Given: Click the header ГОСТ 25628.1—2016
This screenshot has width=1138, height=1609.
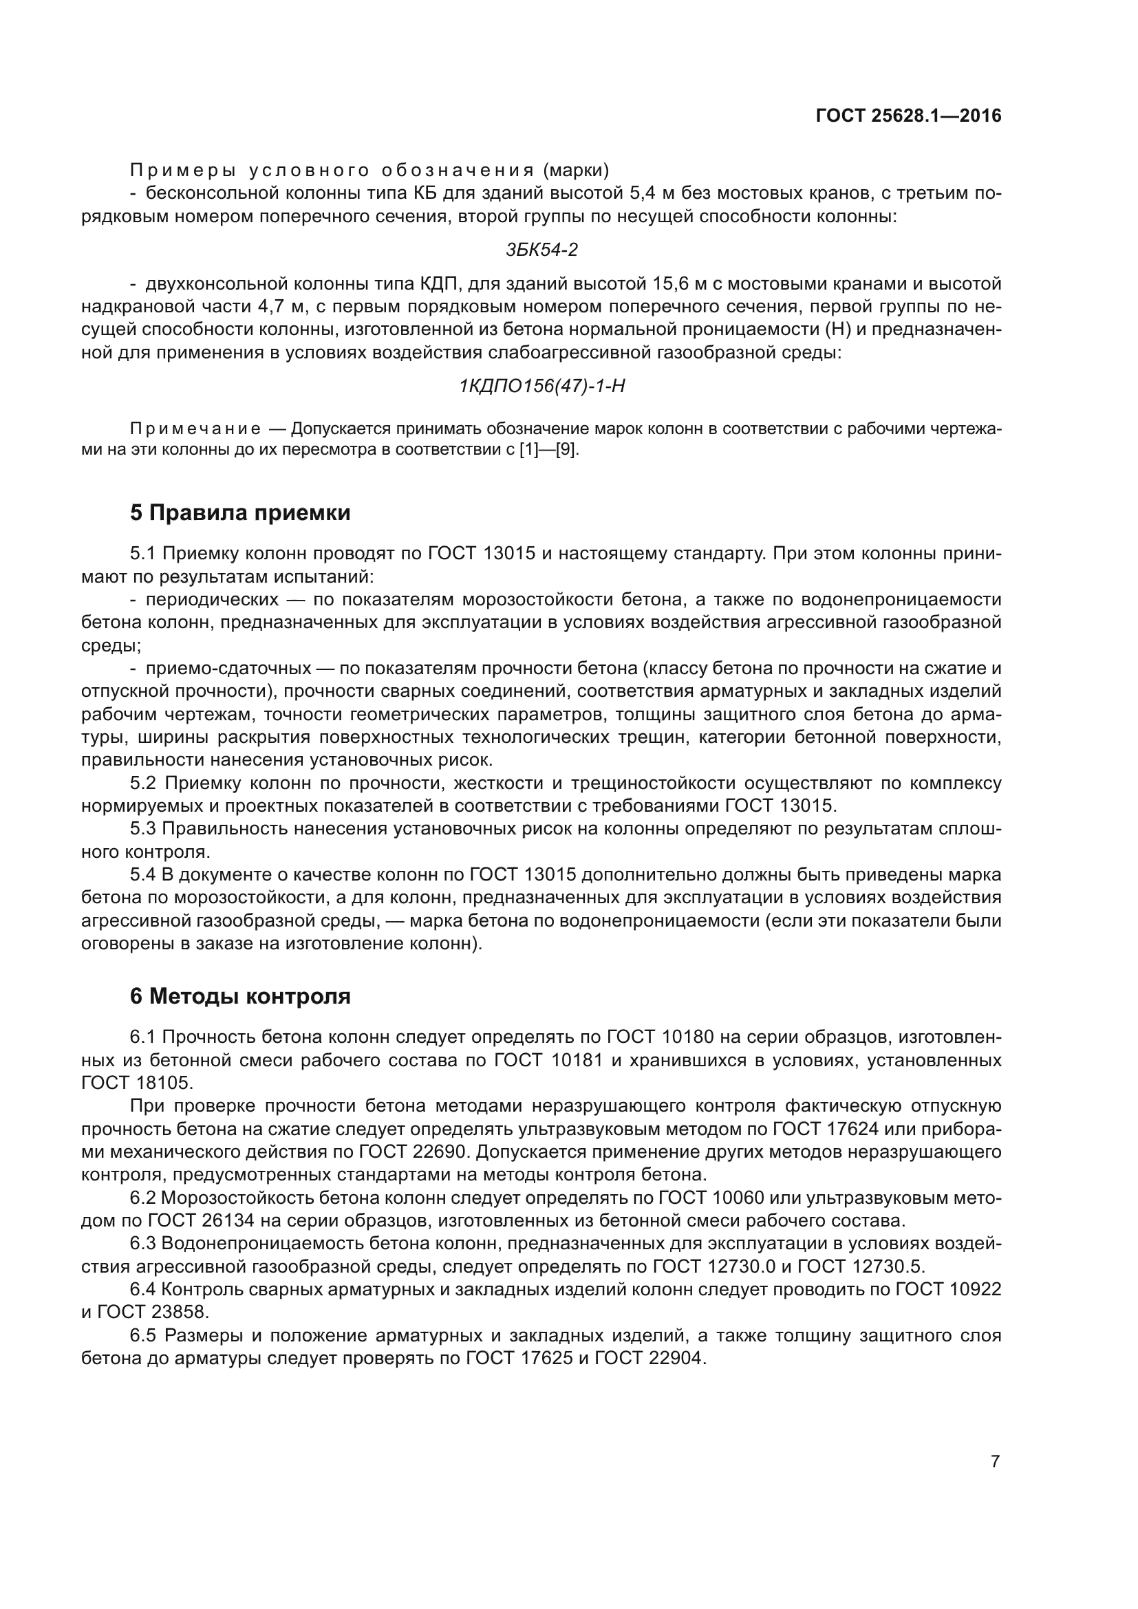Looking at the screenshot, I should [908, 116].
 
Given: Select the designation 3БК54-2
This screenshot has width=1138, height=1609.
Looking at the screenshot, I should [541, 250].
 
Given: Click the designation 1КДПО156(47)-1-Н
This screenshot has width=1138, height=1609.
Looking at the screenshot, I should [541, 386].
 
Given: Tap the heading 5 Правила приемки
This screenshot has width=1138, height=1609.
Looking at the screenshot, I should [239, 513].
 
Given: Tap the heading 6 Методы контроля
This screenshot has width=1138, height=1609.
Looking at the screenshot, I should [239, 996].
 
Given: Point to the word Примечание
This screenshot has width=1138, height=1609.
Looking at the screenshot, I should [195, 429].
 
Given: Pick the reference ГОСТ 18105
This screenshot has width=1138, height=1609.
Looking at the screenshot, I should [136, 1083].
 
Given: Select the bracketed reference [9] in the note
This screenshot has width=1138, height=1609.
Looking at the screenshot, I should [566, 450].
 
